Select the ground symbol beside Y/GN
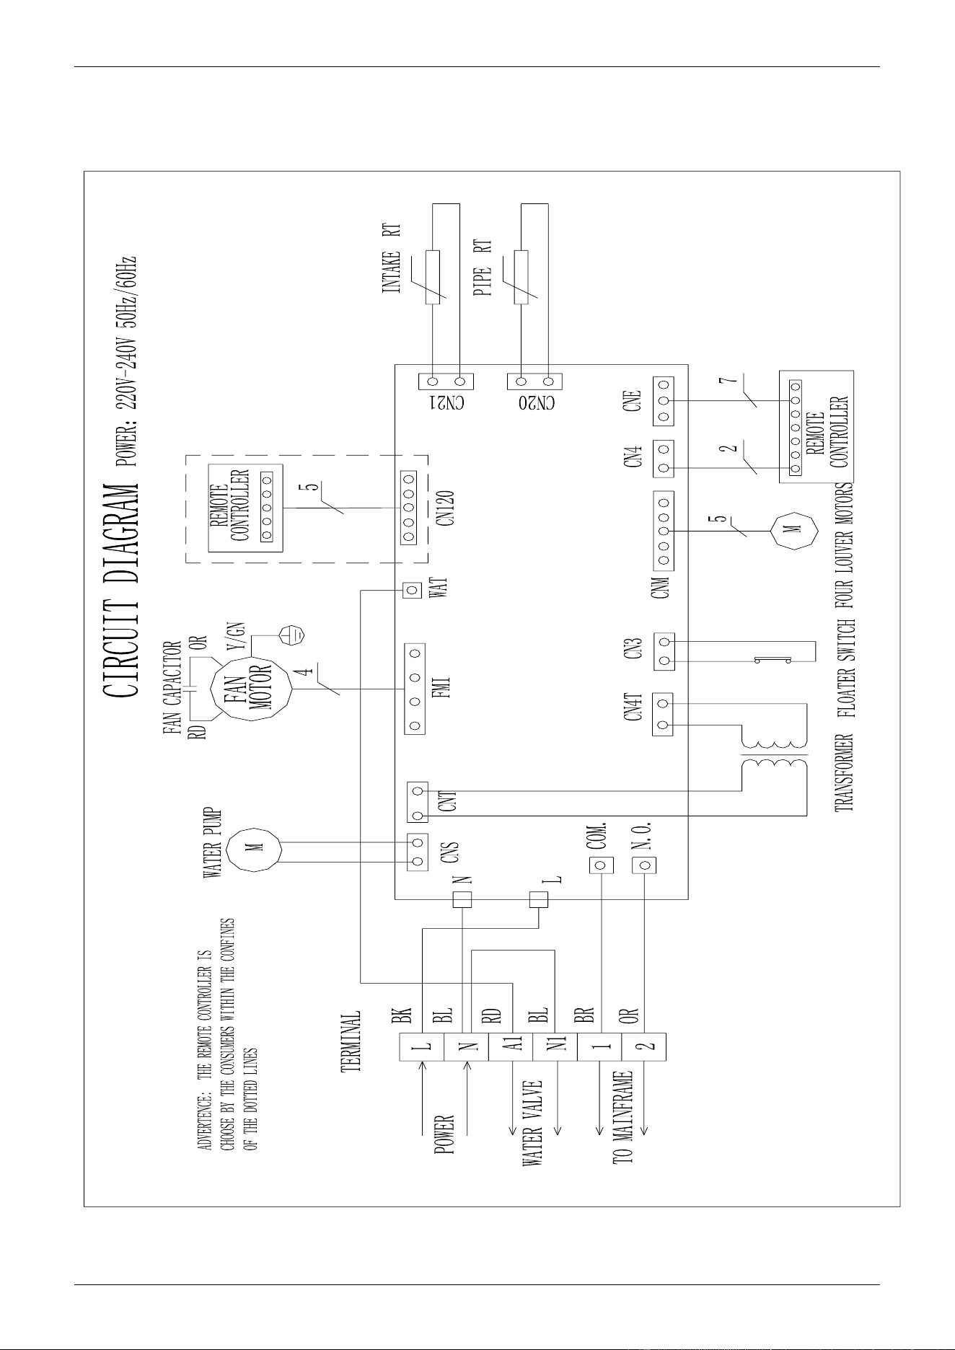292,635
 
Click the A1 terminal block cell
511,1046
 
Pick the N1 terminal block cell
555,1046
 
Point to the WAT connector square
413,591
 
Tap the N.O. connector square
644,864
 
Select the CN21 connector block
446,381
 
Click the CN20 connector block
534,381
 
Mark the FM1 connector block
415,689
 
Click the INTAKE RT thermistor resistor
434,277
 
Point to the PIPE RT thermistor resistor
521,277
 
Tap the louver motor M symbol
796,531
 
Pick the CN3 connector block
664,651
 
